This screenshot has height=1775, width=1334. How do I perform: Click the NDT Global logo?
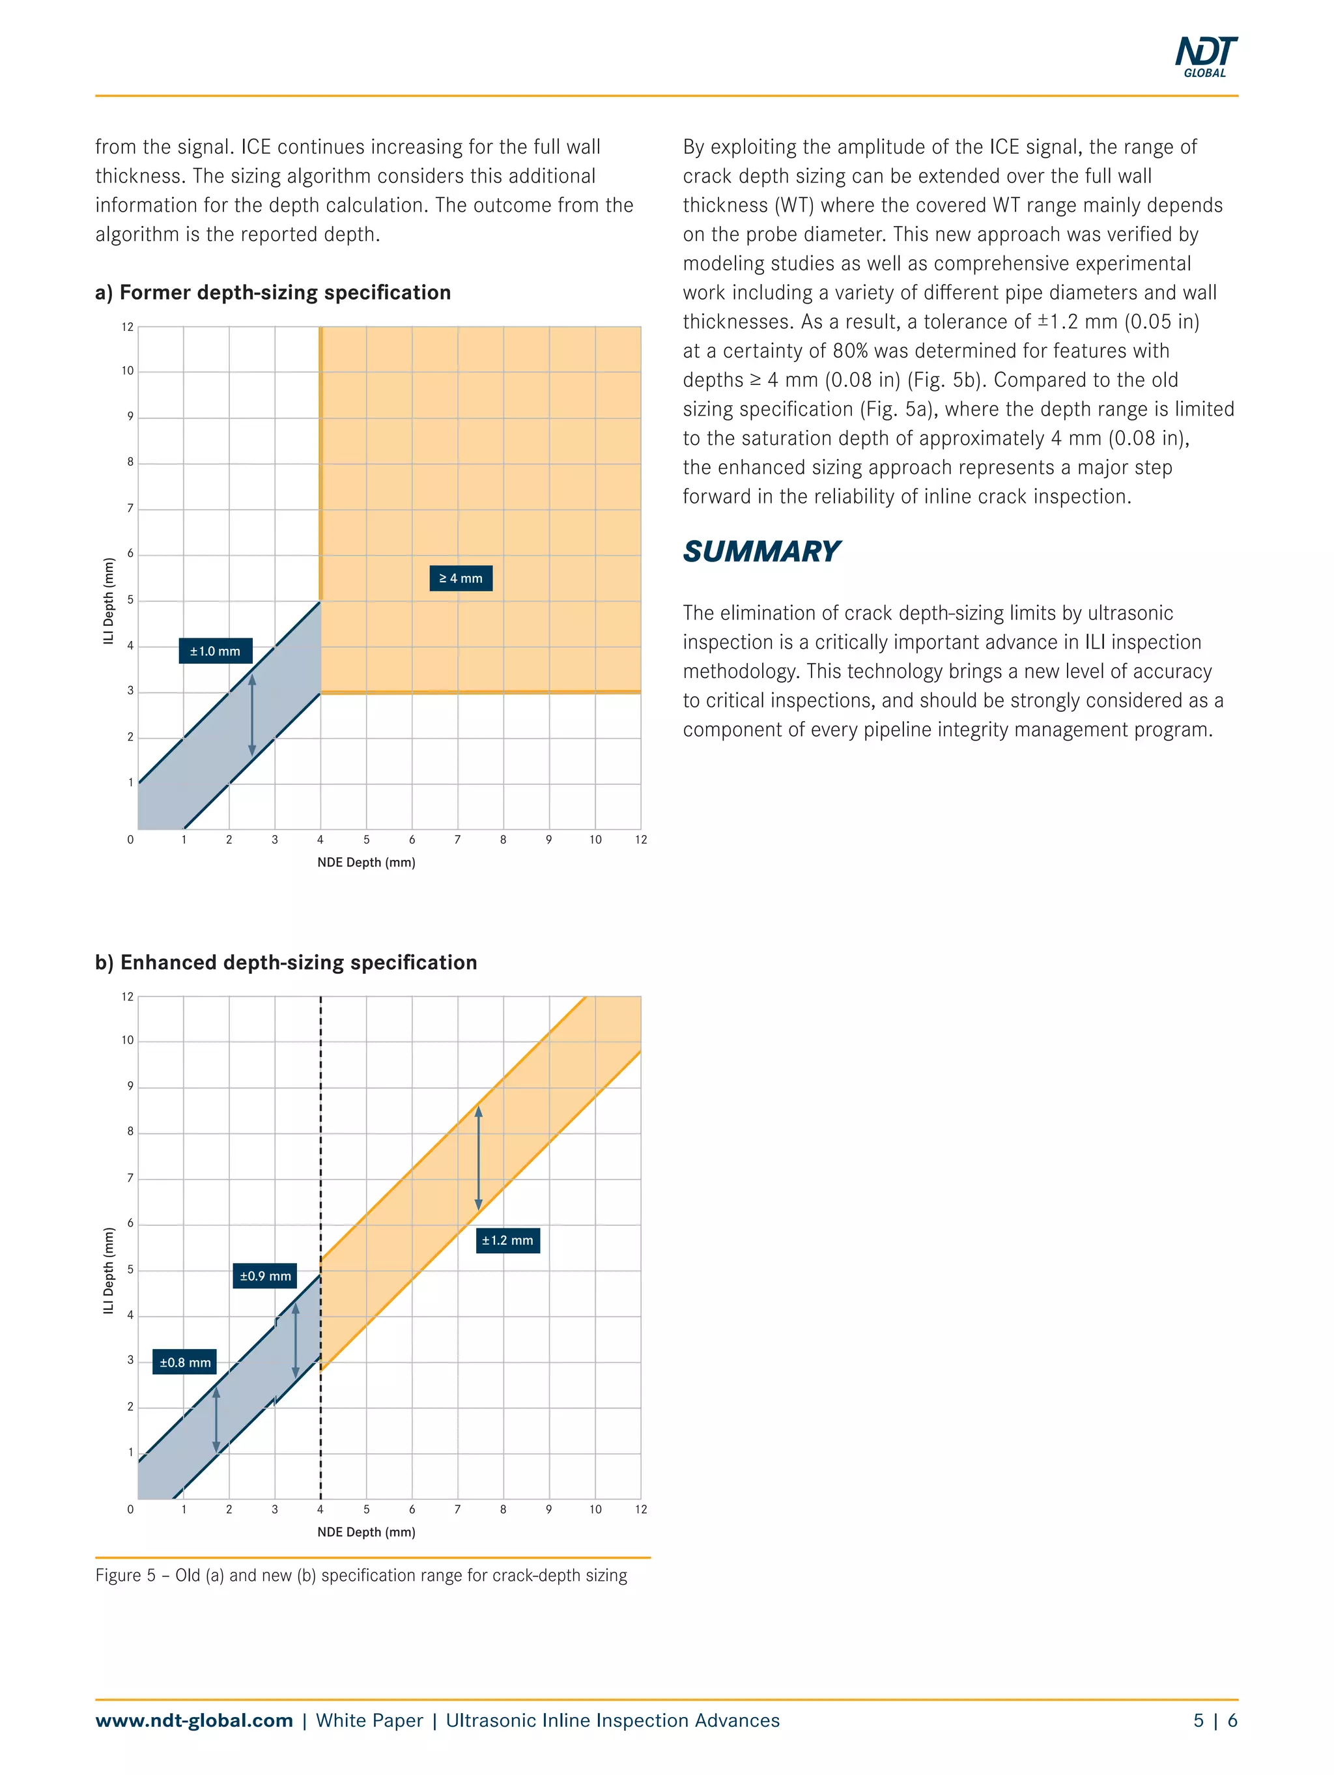pos(1206,56)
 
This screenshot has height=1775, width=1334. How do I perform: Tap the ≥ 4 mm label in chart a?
pos(461,578)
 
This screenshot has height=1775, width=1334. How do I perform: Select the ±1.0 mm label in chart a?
pos(215,651)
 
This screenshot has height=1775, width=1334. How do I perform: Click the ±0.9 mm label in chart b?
pos(266,1275)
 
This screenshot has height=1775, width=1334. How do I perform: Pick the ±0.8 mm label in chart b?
pos(184,1362)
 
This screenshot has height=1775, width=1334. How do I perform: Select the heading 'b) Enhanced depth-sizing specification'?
pos(286,962)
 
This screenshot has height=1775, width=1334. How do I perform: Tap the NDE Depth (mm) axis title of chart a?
pos(366,862)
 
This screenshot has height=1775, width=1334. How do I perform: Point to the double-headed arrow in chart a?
pos(252,715)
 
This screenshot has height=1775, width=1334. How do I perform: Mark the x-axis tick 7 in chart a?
pos(457,840)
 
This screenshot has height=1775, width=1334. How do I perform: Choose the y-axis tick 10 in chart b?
pos(128,1040)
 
